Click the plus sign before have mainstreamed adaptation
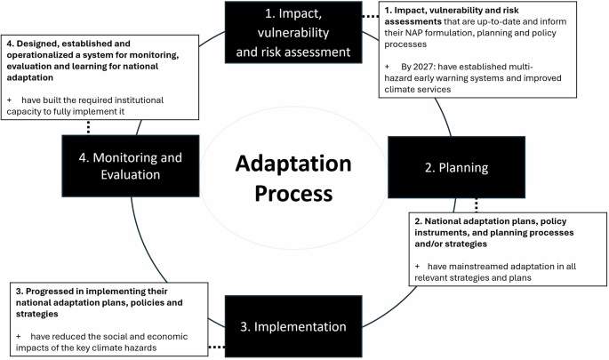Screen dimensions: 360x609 click(416, 266)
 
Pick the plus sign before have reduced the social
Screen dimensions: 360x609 click(20, 335)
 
